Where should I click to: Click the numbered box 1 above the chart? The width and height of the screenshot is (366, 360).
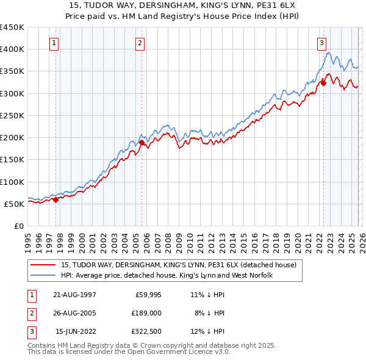point(55,43)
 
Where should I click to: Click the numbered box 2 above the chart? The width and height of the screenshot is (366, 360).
point(140,43)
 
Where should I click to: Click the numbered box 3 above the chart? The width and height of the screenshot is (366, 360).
point(321,43)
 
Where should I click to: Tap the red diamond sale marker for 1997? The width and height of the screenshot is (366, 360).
point(56,199)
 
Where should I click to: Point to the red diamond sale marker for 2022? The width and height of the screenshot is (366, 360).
point(323,84)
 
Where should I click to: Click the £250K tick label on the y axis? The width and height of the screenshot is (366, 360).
point(12,115)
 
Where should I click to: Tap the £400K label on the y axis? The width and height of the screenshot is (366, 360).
point(12,49)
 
